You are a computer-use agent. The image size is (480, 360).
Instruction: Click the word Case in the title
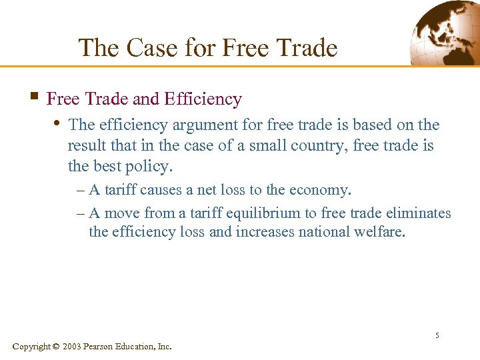coord(149,48)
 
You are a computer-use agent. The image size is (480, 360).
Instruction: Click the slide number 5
coord(437,335)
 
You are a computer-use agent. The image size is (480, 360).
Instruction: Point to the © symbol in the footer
coord(56,346)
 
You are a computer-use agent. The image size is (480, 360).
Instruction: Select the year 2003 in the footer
coord(73,346)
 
